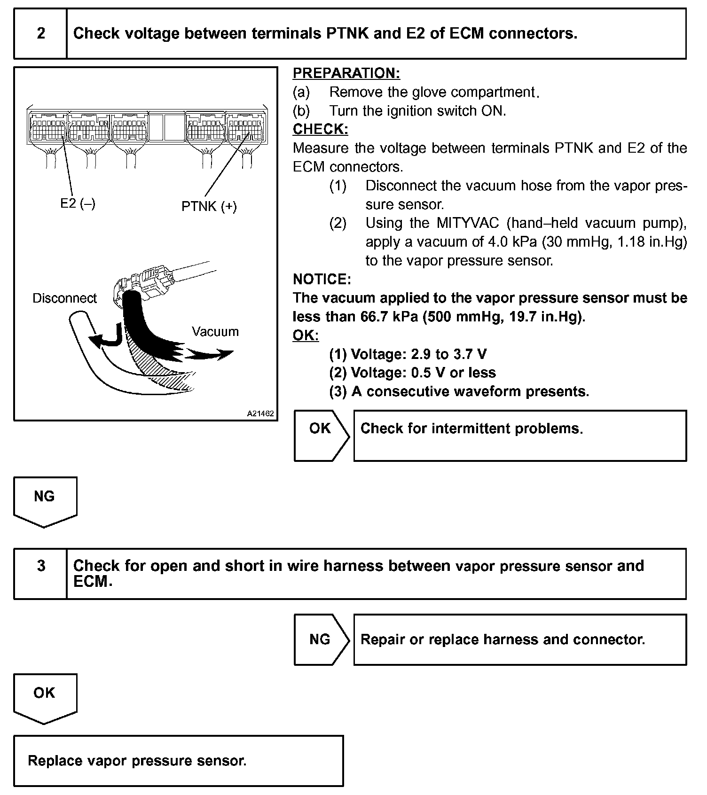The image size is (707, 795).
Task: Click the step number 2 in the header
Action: (x=41, y=33)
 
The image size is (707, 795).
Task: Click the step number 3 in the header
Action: (x=41, y=566)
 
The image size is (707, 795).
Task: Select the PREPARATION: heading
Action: (x=346, y=73)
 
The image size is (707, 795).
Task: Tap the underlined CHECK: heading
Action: (x=321, y=129)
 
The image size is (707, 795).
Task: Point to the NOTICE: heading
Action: (x=322, y=280)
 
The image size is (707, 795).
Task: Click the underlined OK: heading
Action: (x=306, y=335)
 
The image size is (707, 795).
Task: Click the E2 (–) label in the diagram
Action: (x=78, y=204)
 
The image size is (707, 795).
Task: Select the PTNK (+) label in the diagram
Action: (x=209, y=206)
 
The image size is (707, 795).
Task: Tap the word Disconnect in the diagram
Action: (x=64, y=298)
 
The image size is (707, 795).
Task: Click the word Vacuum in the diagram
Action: (x=215, y=332)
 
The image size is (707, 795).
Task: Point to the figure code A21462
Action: (x=260, y=414)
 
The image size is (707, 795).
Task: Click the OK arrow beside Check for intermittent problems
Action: (x=321, y=435)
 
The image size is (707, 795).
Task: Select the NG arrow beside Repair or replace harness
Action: (x=321, y=639)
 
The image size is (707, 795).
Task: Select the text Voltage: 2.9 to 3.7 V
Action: (x=419, y=354)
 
